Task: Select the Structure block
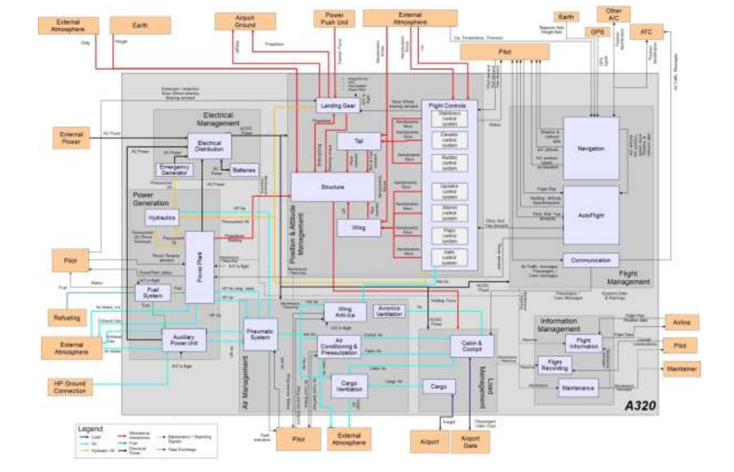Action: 333,187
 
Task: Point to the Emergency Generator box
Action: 174,169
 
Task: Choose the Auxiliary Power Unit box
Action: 184,340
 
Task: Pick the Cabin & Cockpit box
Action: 473,345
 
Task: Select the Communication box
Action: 591,260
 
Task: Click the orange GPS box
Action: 596,32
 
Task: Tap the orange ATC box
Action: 646,32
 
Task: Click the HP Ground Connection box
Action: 70,387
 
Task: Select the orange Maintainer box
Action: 681,369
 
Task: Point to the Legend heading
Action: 90,428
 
